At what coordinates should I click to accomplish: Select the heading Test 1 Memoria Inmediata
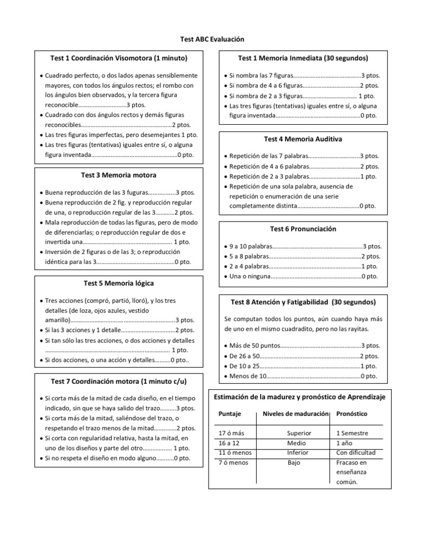[303, 58]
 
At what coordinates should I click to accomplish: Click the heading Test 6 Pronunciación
[303, 229]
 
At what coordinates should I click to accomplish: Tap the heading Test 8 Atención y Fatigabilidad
[303, 302]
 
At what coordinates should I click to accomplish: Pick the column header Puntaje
[230, 414]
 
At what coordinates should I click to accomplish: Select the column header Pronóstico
[352, 414]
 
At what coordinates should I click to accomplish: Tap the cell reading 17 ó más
[232, 433]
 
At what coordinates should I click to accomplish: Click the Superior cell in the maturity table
[299, 433]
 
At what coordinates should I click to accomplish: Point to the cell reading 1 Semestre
[352, 433]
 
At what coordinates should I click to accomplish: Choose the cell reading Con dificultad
[355, 453]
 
